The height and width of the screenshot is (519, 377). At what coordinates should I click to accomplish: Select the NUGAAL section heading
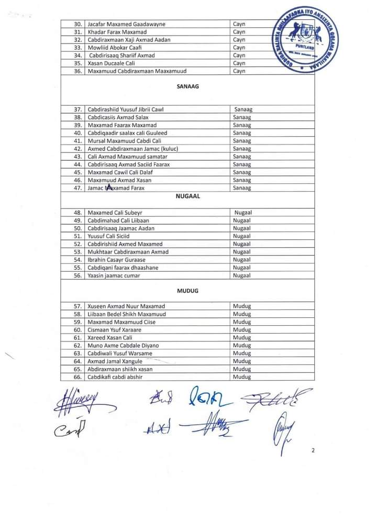[x=188, y=197]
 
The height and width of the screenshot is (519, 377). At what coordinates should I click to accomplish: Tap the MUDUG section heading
[x=188, y=290]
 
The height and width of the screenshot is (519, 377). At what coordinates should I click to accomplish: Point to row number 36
[x=77, y=71]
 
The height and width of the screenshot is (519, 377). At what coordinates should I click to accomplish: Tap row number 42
[x=77, y=149]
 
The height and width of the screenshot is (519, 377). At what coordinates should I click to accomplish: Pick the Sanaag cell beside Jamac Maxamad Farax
[x=241, y=188]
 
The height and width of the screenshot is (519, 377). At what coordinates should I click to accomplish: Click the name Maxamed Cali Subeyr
[x=115, y=213]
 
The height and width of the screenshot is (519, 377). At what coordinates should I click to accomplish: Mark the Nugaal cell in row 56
[x=241, y=275]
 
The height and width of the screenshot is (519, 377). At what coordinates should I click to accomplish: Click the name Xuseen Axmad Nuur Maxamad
[x=126, y=306]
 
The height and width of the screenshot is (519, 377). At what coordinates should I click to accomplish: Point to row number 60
[x=77, y=330]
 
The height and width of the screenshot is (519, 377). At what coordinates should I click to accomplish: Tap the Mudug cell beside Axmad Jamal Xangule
[x=241, y=361]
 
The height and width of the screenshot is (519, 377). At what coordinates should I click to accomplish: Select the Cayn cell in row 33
[x=239, y=48]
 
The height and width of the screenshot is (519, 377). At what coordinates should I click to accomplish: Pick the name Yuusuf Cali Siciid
[x=109, y=236]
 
